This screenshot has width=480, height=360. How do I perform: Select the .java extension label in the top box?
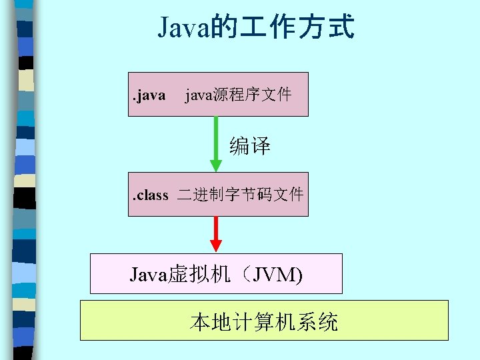point(148,95)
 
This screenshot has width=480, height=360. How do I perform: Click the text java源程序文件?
point(238,95)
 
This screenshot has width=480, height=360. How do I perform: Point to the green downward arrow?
point(215,143)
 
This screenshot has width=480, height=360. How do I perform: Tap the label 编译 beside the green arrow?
point(250,146)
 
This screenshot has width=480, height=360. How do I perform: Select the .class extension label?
point(151,195)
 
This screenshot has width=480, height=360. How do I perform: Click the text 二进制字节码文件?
point(240,195)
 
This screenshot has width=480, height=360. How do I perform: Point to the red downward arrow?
point(215,234)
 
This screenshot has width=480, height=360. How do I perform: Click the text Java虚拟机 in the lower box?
point(178,274)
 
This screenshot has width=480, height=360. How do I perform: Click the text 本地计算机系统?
point(264,322)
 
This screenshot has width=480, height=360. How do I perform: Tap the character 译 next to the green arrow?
point(261,146)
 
